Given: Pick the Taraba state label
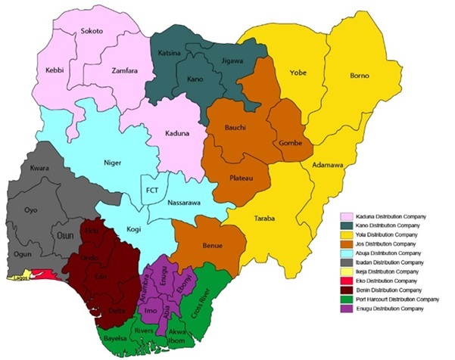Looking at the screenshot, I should click(x=265, y=219).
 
